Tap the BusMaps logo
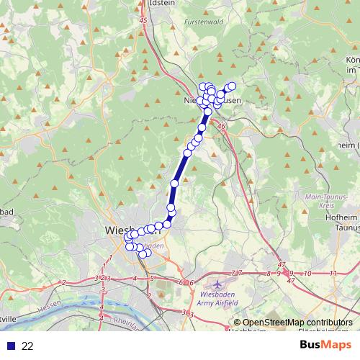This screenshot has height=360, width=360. point(323,344)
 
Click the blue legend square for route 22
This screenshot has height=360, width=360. point(11,346)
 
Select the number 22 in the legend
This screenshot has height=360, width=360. point(27,346)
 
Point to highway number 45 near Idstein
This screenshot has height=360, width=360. point(144,21)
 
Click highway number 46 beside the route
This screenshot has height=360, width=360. point(221,127)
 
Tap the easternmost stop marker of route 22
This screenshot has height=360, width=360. point(231,86)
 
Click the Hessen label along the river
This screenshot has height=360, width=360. point(44,305)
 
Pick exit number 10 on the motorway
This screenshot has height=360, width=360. point(307,274)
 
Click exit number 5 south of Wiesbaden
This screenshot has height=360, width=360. point(152,278)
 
